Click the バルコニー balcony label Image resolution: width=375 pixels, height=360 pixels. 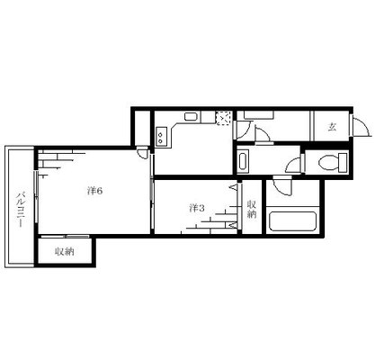20,209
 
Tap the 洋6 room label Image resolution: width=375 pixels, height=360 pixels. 95,191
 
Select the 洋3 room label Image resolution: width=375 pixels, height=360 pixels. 197,208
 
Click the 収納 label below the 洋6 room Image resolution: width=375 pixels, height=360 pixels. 65,251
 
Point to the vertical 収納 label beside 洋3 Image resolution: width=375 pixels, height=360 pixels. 252,209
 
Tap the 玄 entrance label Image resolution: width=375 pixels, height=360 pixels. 332,128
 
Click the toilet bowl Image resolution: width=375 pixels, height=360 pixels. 326,163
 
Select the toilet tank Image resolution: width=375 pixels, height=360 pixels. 343,163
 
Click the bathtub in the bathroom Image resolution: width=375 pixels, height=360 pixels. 292,222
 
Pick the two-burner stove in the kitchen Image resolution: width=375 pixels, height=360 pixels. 161,136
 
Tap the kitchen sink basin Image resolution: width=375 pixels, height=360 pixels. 191,116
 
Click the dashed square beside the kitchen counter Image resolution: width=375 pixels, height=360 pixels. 224,118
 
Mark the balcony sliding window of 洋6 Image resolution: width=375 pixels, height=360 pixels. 36,196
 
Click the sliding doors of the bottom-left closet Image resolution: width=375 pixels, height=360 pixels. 65,237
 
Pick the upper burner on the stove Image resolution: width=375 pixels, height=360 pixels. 162,132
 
